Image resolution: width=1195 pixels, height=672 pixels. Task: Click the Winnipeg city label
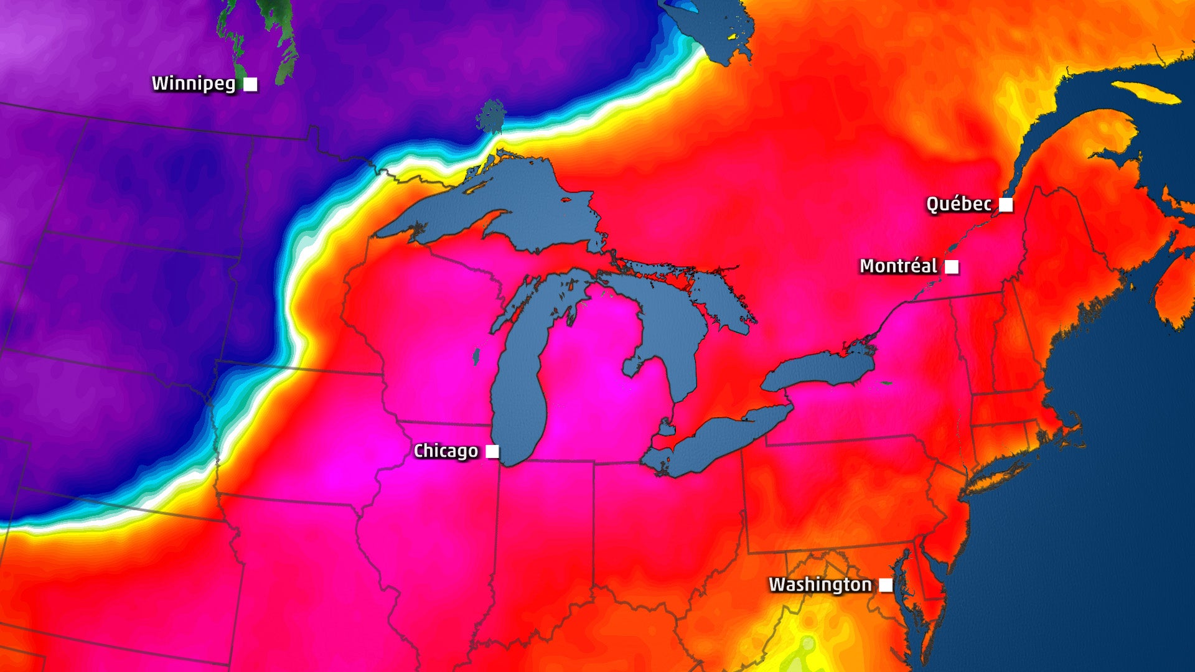pyautogui.click(x=194, y=83)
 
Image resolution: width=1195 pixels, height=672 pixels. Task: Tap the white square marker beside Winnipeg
pyautogui.click(x=250, y=84)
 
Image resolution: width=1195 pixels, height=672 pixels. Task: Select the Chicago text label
pyautogui.click(x=446, y=451)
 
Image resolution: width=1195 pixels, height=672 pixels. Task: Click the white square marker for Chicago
pyautogui.click(x=492, y=451)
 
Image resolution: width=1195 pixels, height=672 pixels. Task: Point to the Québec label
pyautogui.click(x=958, y=204)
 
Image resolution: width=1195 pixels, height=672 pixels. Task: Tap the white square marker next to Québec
pyautogui.click(x=1006, y=204)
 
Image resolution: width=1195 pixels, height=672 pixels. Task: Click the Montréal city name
pyautogui.click(x=898, y=266)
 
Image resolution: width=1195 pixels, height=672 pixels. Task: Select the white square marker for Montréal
pyautogui.click(x=952, y=267)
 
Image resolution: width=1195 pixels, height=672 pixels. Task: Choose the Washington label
pyautogui.click(x=820, y=585)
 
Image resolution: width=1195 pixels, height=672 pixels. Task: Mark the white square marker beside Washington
pyautogui.click(x=886, y=585)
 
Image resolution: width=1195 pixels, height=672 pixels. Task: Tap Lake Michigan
pyautogui.click(x=520, y=398)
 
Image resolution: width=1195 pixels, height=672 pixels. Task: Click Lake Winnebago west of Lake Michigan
pyautogui.click(x=476, y=357)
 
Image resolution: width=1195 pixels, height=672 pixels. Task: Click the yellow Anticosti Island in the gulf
pyautogui.click(x=1145, y=91)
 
